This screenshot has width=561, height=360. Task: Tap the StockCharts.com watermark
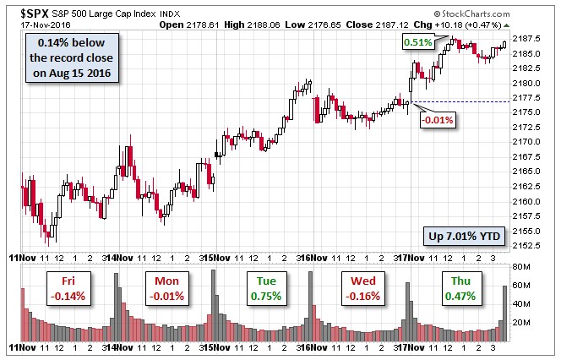click(x=505, y=14)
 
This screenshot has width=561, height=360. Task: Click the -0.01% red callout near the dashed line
click(x=437, y=119)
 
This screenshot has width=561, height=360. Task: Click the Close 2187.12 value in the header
click(x=381, y=25)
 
